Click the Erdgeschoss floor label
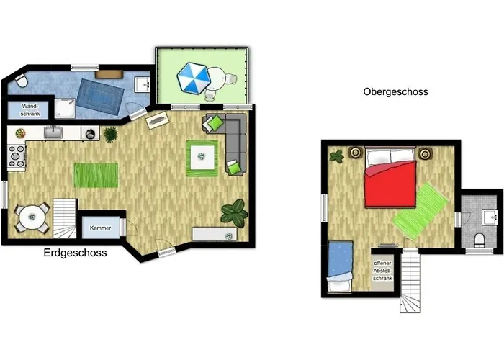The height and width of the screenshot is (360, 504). coord(75,253)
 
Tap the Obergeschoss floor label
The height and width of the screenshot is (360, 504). coord(396,92)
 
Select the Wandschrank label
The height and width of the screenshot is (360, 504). coord(30,109)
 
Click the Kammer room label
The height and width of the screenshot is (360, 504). coord(101,228)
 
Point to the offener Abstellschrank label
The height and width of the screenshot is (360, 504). coord(382,271)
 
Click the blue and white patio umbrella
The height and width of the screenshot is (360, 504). coord(194,78)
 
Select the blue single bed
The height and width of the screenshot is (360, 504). coord(340,266)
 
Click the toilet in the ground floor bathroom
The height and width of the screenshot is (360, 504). coord(22,81)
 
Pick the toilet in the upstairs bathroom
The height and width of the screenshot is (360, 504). coord(480,240)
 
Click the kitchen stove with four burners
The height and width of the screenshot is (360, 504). coord(17,156)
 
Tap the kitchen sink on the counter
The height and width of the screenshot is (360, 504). coord(53,132)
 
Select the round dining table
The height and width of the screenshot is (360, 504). coord(32,217)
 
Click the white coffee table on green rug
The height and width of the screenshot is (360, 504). coord(202,157)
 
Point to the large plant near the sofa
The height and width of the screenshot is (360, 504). coord(234,212)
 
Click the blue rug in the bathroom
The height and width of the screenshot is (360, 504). coord(100,96)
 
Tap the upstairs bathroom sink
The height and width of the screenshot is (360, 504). coord(490,217)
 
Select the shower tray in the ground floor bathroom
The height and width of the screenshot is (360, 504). coord(65,108)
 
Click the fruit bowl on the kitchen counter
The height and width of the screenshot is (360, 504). coord(20,133)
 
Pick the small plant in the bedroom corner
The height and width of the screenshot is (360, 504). coord(337,156)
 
